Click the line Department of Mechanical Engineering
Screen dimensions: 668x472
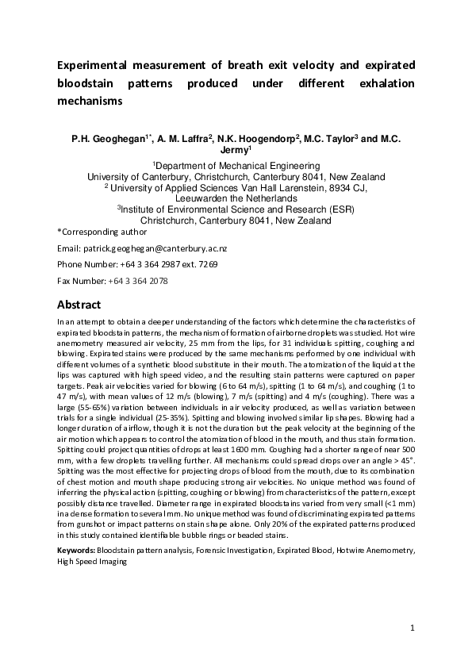pos(236,165)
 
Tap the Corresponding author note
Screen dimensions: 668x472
pos(102,232)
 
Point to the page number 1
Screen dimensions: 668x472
pos(413,628)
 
